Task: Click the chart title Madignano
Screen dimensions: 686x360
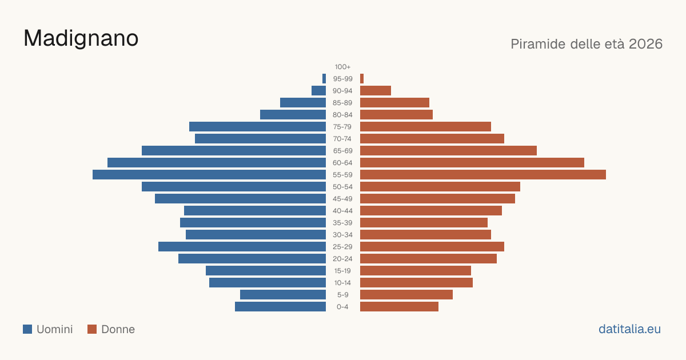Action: point(81,39)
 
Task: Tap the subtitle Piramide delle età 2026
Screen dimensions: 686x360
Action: point(587,44)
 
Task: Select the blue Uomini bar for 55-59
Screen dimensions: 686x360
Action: point(209,174)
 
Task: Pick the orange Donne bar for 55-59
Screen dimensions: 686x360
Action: point(483,174)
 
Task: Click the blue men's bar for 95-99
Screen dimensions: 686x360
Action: point(324,79)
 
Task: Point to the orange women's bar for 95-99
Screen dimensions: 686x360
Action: point(362,79)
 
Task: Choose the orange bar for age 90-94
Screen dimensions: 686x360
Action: point(376,91)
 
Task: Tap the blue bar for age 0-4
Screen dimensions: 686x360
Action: point(280,306)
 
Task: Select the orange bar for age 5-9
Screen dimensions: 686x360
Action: point(406,294)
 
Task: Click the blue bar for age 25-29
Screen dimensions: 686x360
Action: point(242,246)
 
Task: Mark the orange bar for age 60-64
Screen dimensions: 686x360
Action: point(472,162)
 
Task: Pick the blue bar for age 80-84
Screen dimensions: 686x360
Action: point(293,114)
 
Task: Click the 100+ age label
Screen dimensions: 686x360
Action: point(342,67)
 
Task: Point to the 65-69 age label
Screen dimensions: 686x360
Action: point(342,151)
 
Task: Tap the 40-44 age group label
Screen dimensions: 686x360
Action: point(342,211)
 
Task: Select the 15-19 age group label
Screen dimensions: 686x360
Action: point(342,271)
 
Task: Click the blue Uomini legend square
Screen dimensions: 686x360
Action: point(27,329)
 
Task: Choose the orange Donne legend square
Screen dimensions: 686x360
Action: point(92,329)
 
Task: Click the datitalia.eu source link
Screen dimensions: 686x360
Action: point(629,329)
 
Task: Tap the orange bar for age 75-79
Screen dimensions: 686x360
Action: point(425,126)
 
